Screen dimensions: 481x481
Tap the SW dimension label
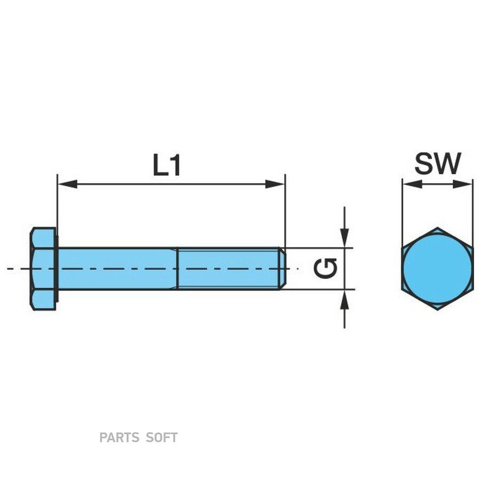point(438,163)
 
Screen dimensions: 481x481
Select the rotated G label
point(325,268)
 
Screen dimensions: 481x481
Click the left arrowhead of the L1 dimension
point(67,184)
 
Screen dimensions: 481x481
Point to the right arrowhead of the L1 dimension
point(275,184)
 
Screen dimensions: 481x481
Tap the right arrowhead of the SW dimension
point(463,184)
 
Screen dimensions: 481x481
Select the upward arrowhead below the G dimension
point(345,300)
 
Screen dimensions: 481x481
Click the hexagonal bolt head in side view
point(43,269)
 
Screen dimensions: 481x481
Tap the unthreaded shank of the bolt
point(118,268)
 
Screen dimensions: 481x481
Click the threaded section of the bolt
point(229,268)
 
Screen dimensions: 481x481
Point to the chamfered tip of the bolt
point(283,268)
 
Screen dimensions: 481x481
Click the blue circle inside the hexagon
point(437,269)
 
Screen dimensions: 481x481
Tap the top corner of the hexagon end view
point(437,228)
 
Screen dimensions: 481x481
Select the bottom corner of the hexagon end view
point(437,310)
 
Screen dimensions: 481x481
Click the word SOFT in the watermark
point(161,437)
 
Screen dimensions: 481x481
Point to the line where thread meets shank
point(177,268)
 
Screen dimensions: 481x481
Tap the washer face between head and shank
point(57,269)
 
